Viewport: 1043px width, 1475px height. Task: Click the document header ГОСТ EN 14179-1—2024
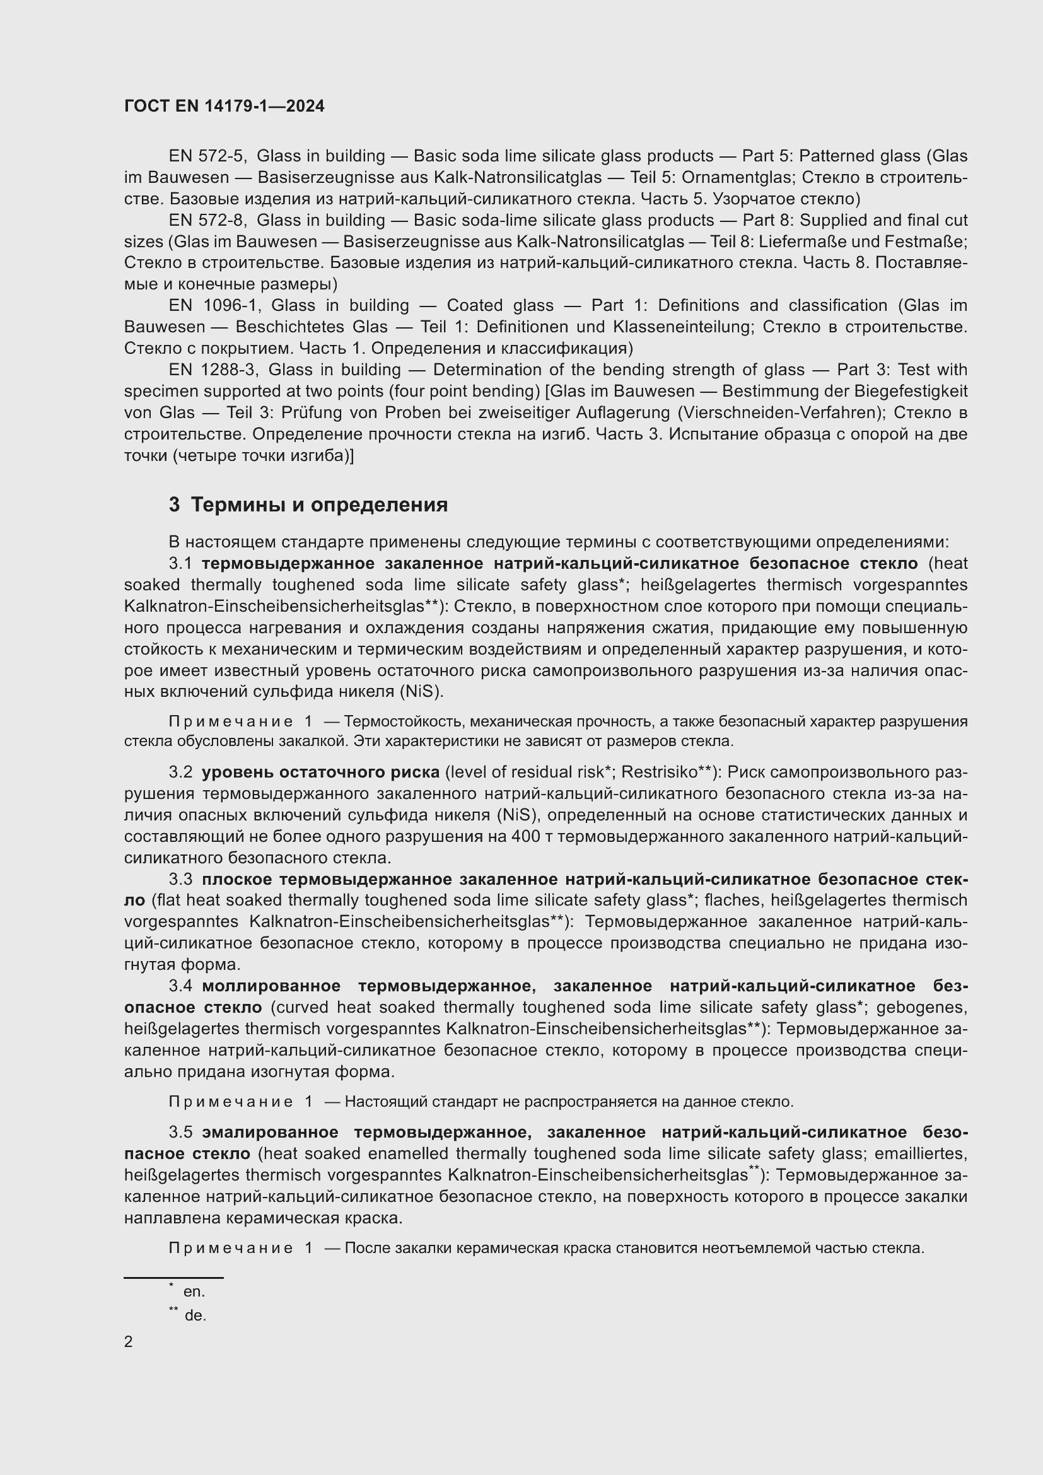224,106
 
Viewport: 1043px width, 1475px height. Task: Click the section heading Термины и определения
319,505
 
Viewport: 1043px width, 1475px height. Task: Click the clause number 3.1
180,563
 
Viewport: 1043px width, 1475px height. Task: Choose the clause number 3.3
180,879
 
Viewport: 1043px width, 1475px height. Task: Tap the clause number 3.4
180,986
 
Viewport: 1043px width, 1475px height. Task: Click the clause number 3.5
180,1132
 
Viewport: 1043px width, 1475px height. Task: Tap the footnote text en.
194,1291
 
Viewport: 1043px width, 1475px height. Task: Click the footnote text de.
195,1315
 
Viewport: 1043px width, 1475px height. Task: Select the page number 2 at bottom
129,1341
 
